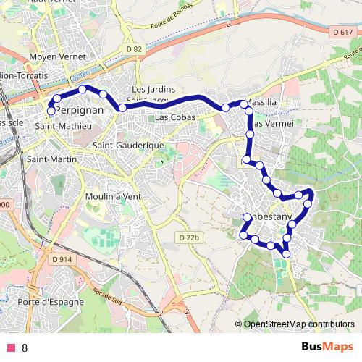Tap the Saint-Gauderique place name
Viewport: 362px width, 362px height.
126,146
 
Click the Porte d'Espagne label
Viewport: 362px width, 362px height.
51,302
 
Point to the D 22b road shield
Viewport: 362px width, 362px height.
188,237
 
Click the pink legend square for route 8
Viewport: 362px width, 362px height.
10,348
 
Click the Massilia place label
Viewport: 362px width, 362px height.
261,103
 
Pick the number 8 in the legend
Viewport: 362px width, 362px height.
25,348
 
